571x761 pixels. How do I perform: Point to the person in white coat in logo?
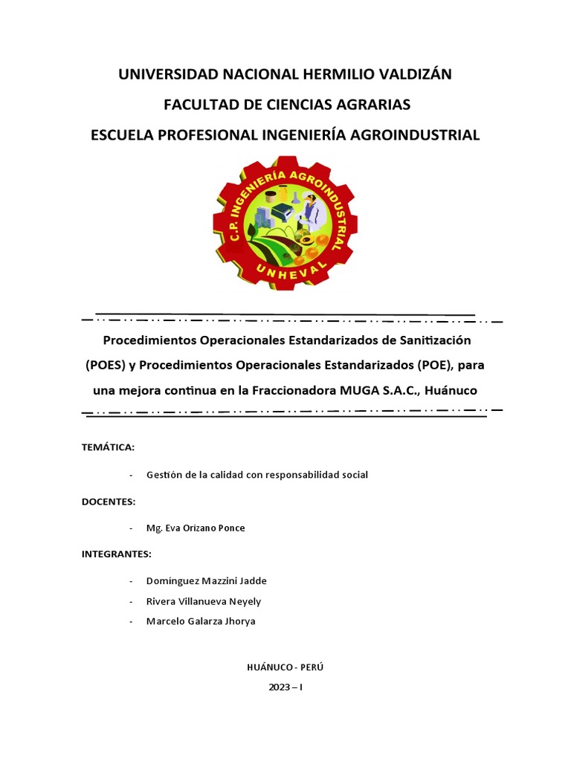[311, 210]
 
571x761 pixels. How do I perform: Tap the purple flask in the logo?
[295, 198]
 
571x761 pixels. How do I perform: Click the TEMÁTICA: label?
[108, 447]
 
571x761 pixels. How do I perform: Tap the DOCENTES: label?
[109, 502]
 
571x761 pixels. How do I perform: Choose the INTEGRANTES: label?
[116, 554]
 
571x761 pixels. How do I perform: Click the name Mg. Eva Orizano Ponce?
[196, 528]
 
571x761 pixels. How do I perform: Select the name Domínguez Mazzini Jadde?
[207, 581]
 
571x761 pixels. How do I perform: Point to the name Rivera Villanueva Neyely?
[204, 601]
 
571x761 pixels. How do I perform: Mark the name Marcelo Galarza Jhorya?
[201, 621]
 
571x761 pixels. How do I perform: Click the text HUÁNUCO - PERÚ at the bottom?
[285, 667]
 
